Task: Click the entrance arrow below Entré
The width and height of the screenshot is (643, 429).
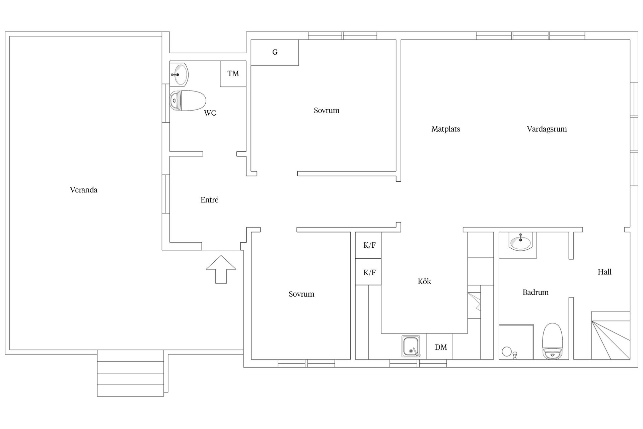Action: [x=221, y=269]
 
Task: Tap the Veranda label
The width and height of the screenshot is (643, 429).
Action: [x=84, y=190]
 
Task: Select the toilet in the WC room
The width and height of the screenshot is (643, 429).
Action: [x=188, y=101]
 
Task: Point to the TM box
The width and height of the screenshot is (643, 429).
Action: [x=233, y=74]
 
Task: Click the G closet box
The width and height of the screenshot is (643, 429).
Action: [x=275, y=53]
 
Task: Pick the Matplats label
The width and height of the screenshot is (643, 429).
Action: [x=446, y=129]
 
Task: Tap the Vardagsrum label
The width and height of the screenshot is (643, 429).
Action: [x=547, y=129]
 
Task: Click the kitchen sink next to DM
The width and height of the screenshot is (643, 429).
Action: [x=411, y=347]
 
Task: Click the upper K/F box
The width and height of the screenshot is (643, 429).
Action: [x=368, y=245]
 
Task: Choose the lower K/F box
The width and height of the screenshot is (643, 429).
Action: [x=368, y=272]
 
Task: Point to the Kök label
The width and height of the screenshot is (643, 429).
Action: [x=424, y=282]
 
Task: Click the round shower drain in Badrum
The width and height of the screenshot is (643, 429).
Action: [x=506, y=352]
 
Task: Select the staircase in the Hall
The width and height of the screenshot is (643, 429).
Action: [x=611, y=335]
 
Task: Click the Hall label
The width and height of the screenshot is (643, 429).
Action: [x=604, y=272]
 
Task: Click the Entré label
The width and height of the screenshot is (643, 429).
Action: [x=210, y=200]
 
